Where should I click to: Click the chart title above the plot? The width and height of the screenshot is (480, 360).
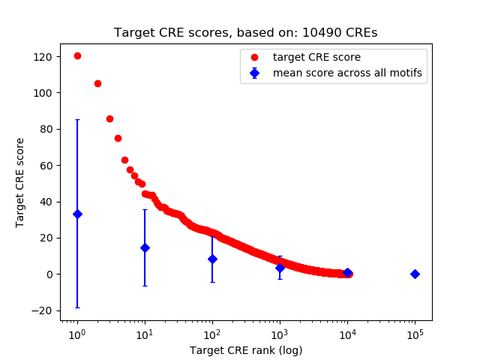[x=245, y=33]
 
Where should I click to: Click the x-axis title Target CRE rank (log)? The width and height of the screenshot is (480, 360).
[x=245, y=349]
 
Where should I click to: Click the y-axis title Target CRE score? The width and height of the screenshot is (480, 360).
[x=20, y=182]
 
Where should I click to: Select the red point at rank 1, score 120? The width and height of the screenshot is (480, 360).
[x=77, y=55]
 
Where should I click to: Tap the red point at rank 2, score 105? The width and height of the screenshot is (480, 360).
[x=97, y=83]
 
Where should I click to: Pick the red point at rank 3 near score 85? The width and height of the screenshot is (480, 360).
[x=109, y=118]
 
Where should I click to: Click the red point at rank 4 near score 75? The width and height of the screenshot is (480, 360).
[x=118, y=138]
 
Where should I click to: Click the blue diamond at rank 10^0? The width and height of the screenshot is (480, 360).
[x=77, y=214]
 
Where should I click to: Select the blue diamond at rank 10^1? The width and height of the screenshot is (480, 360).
[x=145, y=247]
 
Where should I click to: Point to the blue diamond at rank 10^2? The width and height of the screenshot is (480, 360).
[x=212, y=259]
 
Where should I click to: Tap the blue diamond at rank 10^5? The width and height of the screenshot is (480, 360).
[x=415, y=274]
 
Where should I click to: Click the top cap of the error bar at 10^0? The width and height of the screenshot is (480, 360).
[x=77, y=119]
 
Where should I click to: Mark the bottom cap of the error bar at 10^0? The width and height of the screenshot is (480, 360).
[x=77, y=307]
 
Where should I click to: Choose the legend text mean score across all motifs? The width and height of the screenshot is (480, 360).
[x=347, y=73]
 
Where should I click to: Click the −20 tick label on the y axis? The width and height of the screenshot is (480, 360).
[x=41, y=310]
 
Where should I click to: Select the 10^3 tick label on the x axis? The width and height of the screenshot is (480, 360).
[x=280, y=333]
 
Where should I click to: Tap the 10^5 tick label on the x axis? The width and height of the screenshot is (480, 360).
[x=415, y=333]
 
